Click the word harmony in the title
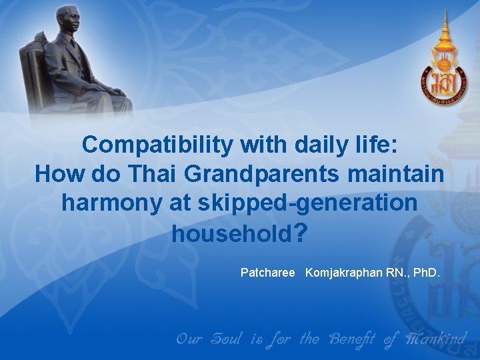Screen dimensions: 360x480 (x=107, y=203)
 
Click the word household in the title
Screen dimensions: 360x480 (x=231, y=234)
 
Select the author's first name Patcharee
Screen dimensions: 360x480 (x=267, y=273)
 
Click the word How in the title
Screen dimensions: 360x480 (x=58, y=174)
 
